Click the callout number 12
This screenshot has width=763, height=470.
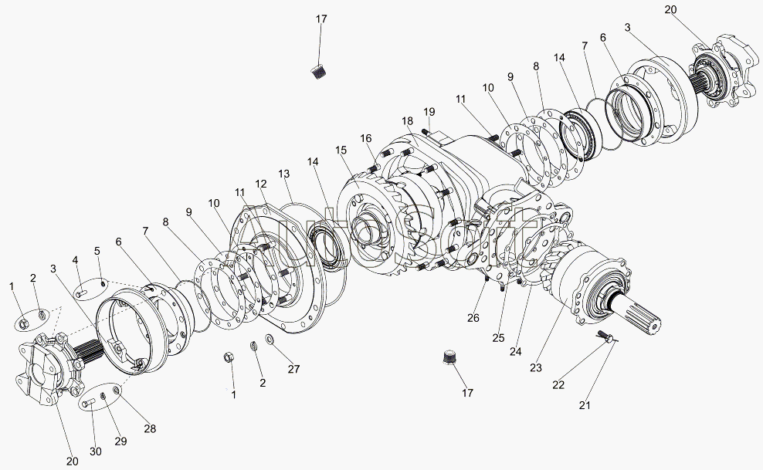pos(261,184)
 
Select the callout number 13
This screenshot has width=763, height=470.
pos(283,174)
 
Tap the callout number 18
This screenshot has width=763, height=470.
pos(407,120)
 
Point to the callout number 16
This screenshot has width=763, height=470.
pos(366,138)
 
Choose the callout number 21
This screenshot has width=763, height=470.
pos(585,405)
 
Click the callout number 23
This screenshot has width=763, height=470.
pos(536,367)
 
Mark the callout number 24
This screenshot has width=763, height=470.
pos(515,351)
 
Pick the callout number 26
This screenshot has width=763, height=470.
pos(473,318)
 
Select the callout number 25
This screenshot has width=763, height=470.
pos(498,338)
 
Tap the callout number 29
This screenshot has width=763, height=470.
pos(120,441)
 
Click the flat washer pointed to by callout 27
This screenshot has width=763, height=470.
pos(270,338)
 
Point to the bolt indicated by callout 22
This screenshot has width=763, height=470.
pos(605,336)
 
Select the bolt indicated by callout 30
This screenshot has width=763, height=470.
pos(88,403)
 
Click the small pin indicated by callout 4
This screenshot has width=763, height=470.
pos(81,293)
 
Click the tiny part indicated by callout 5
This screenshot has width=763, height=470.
pos(103,283)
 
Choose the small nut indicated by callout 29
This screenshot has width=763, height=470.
pos(103,396)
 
